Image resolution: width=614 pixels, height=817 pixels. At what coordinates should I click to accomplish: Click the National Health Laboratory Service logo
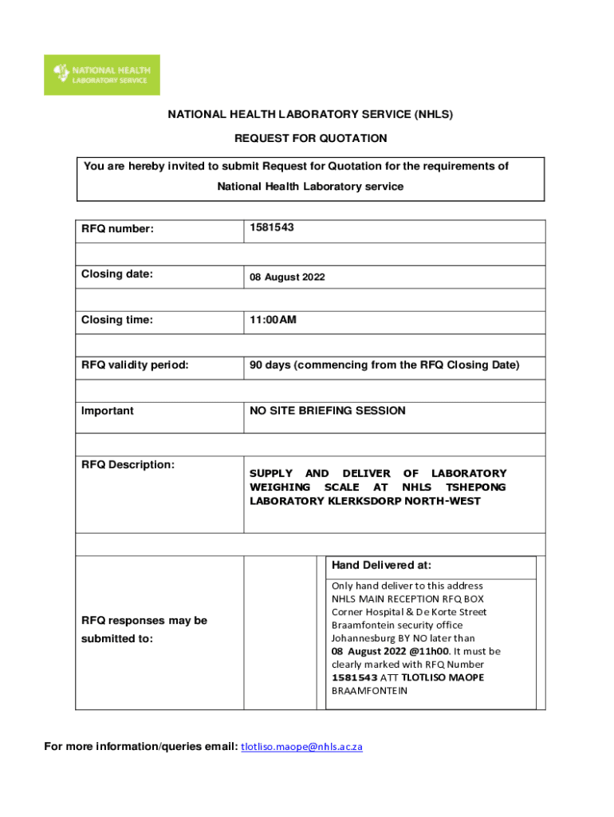pyautogui.click(x=101, y=74)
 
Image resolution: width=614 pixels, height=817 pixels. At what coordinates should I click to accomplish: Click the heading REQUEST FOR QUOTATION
pyautogui.click(x=310, y=138)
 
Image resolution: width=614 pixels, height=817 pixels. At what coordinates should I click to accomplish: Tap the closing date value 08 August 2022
pyautogui.click(x=287, y=278)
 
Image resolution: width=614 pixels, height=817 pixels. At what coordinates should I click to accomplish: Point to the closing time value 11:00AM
pyautogui.click(x=273, y=320)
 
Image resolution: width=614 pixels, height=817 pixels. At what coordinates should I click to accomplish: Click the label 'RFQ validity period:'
pyautogui.click(x=135, y=365)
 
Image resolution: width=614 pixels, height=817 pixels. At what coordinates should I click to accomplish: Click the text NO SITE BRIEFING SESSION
pyautogui.click(x=328, y=411)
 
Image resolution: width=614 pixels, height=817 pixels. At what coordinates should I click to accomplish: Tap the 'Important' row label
pyautogui.click(x=108, y=411)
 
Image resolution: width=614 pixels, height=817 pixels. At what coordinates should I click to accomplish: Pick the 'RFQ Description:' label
pyautogui.click(x=128, y=464)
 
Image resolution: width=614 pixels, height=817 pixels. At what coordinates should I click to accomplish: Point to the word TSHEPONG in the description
pyautogui.click(x=475, y=487)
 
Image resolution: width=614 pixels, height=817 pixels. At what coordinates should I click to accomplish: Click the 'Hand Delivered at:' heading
pyautogui.click(x=382, y=565)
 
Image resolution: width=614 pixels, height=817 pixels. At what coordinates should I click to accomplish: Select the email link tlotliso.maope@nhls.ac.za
pyautogui.click(x=301, y=747)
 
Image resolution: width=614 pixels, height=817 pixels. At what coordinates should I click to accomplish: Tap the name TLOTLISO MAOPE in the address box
pyautogui.click(x=443, y=677)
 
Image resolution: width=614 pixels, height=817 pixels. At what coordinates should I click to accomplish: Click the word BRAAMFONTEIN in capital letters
pyautogui.click(x=369, y=691)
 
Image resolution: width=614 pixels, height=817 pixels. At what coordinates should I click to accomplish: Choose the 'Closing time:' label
pyautogui.click(x=116, y=320)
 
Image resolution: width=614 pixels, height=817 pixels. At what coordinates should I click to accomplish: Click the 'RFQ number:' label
pyautogui.click(x=117, y=230)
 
